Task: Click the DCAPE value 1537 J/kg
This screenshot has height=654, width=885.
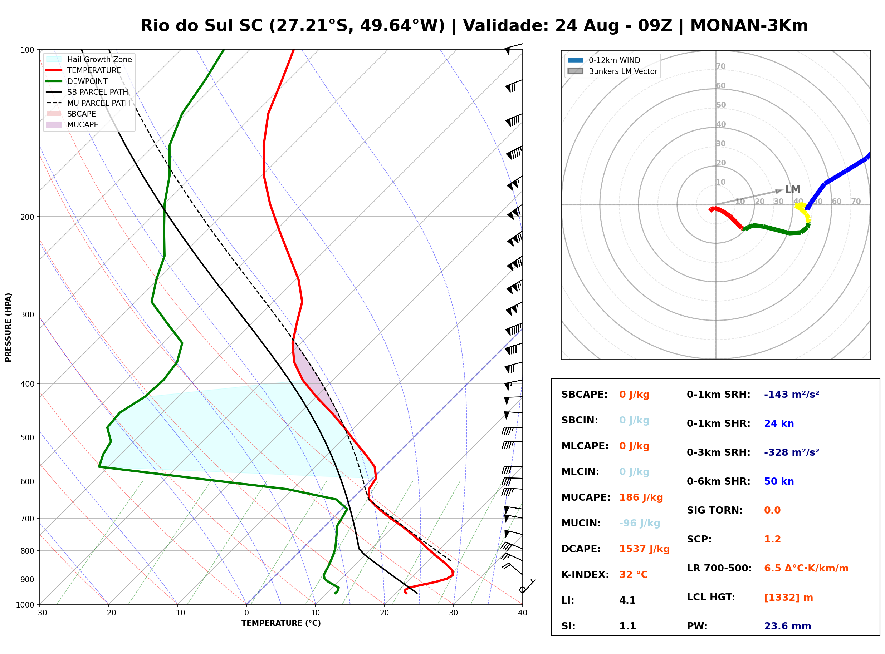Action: click(644, 549)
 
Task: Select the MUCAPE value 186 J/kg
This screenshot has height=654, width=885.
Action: click(641, 497)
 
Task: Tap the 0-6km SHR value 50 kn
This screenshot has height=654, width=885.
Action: click(779, 481)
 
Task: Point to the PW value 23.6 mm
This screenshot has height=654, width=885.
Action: click(788, 626)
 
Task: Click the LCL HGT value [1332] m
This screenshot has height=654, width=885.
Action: click(788, 598)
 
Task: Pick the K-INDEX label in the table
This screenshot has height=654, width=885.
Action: click(585, 574)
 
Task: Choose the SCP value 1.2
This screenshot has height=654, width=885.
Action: click(772, 539)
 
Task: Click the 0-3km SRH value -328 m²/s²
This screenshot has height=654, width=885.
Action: click(792, 452)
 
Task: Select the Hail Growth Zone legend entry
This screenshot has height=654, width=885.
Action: click(89, 59)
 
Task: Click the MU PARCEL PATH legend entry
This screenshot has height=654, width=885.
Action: click(88, 103)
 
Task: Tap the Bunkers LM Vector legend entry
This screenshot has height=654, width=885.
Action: click(612, 71)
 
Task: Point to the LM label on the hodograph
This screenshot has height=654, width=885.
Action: click(793, 189)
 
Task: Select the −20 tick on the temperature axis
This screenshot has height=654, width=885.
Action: click(108, 613)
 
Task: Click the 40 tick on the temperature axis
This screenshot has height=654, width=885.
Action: click(523, 613)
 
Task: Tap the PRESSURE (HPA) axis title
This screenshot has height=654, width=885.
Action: click(8, 327)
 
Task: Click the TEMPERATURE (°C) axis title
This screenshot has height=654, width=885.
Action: click(281, 623)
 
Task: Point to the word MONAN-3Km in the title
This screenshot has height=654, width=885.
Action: click(749, 26)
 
